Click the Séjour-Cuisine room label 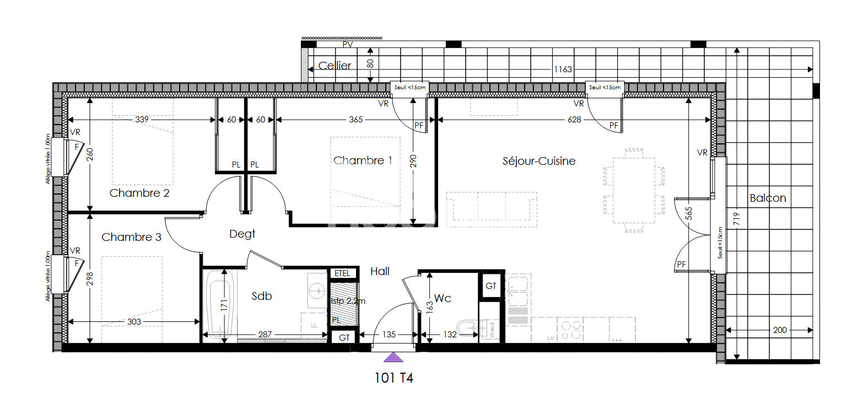click(539, 161)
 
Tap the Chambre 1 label click(363, 160)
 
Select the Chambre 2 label click(139, 193)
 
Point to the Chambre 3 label click(132, 237)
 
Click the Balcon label click(768, 198)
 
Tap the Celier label click(335, 66)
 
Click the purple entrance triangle click(393, 358)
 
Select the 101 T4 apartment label click(393, 378)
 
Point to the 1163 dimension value click(563, 69)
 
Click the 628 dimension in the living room click(574, 120)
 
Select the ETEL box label click(342, 273)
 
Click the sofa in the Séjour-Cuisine click(492, 209)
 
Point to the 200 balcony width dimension click(780, 330)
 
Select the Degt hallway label click(242, 234)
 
